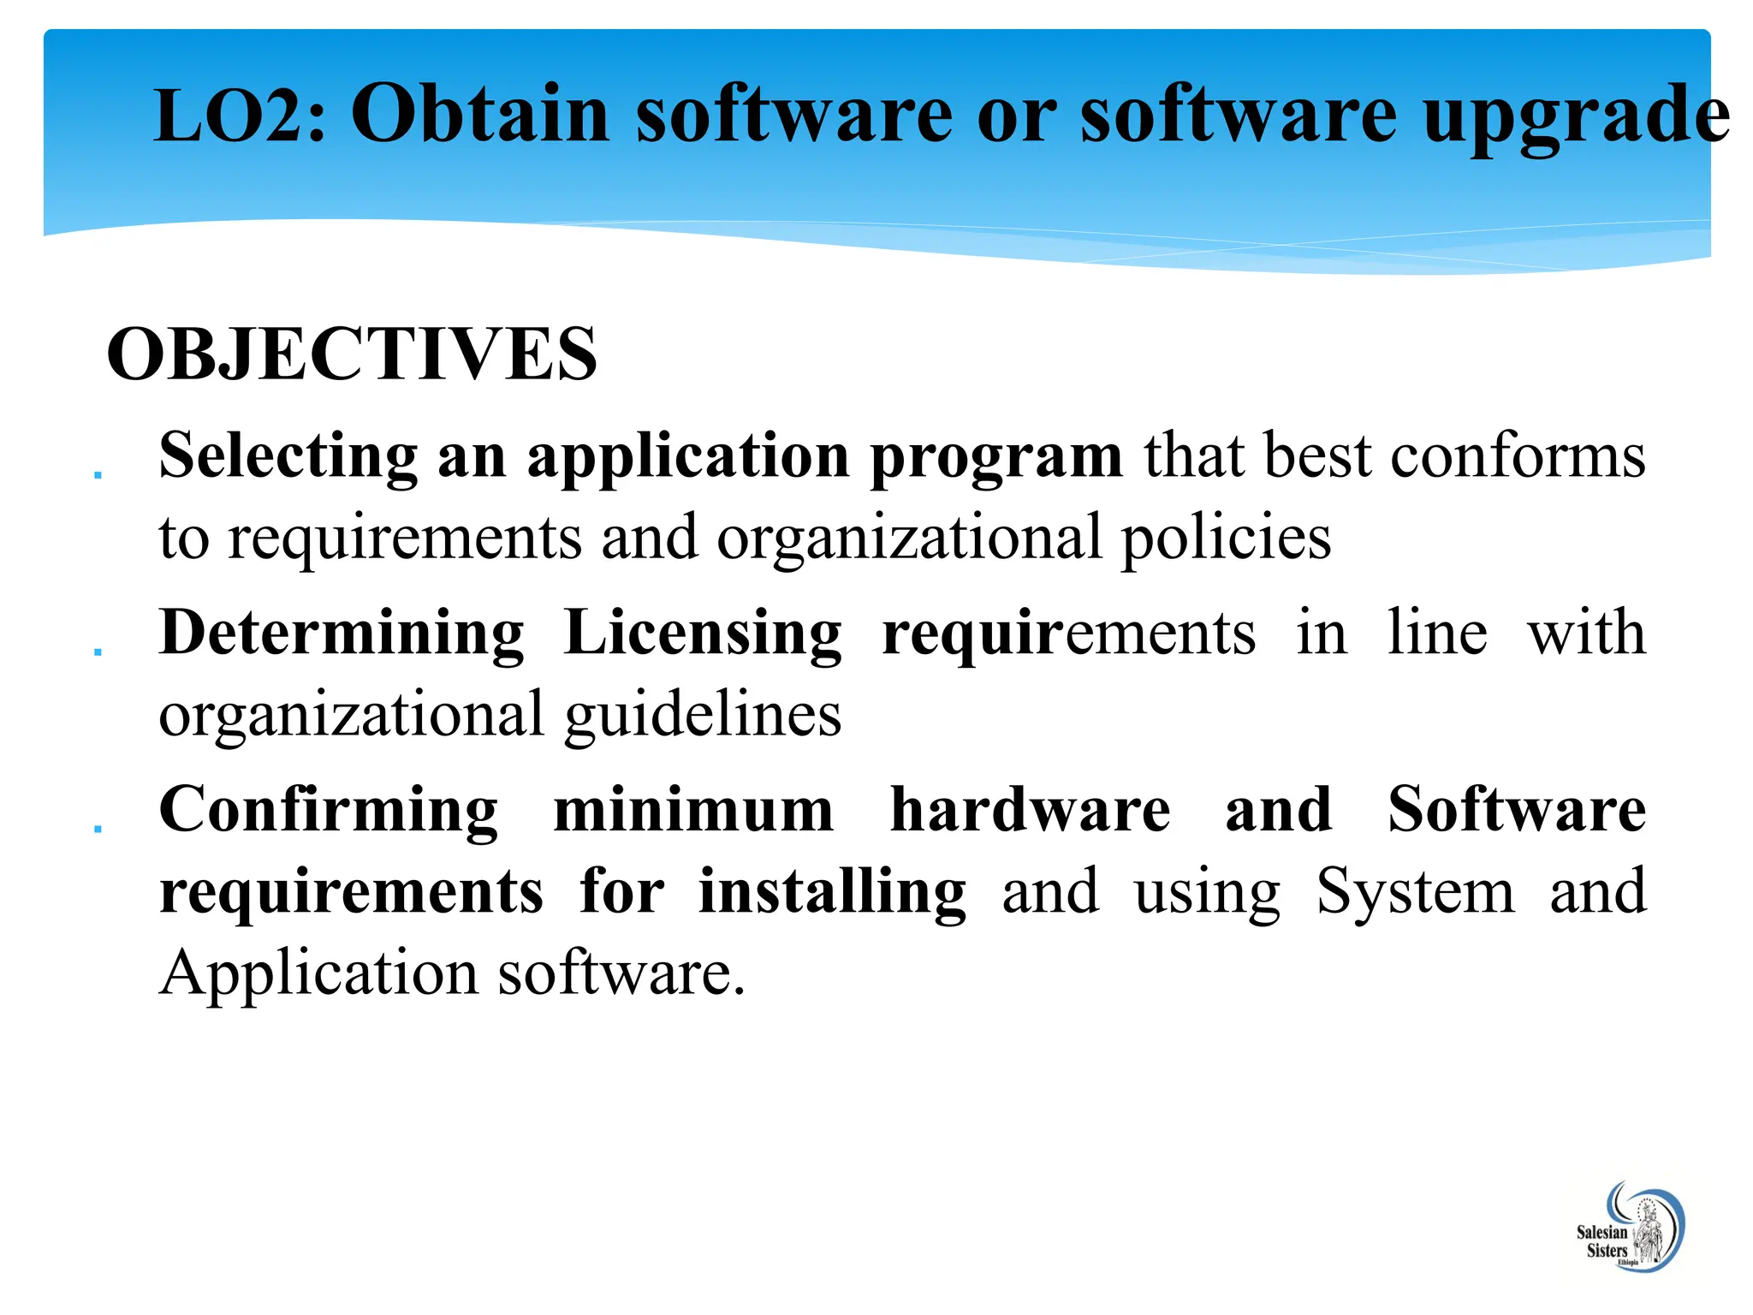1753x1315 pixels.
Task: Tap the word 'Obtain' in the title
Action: click(480, 115)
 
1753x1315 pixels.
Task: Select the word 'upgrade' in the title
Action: click(1576, 116)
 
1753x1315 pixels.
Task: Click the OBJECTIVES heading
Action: click(352, 354)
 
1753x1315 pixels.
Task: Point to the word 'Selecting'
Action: click(288, 457)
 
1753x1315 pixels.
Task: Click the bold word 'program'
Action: click(995, 459)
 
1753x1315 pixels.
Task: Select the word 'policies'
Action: click(1226, 538)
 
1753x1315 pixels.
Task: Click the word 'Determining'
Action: click(342, 634)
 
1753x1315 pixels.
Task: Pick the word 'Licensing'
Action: click(703, 634)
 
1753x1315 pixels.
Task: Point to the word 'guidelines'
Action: click(703, 716)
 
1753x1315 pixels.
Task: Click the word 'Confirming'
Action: click(328, 811)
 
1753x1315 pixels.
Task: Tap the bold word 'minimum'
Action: click(693, 811)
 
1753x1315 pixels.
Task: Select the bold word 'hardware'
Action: click(1030, 811)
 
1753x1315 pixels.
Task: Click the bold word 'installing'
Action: click(832, 894)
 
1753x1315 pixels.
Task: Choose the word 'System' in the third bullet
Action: click(1415, 894)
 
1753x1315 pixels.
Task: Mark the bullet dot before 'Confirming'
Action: click(98, 829)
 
